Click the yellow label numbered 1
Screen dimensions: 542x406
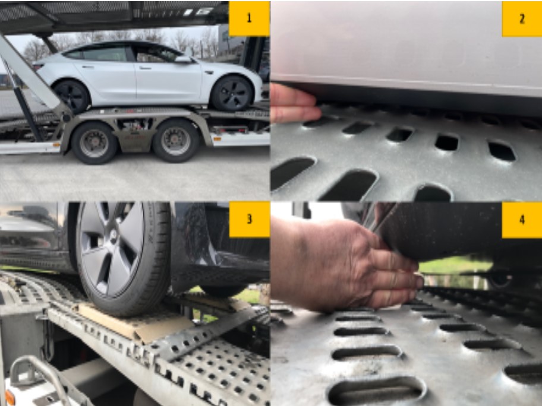pos(249,18)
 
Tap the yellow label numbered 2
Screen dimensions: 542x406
pos(522,18)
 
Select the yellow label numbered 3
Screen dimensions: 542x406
pos(249,220)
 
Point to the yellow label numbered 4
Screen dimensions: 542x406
pos(522,220)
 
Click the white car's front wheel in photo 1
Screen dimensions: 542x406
pos(232,93)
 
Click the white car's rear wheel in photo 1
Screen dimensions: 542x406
pos(73,96)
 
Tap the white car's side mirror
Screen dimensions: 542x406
pos(183,59)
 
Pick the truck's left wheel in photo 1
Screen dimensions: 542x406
pos(94,143)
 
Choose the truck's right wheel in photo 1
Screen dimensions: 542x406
pos(176,141)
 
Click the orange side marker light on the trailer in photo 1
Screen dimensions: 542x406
pos(218,139)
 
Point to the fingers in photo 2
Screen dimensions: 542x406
pos(294,103)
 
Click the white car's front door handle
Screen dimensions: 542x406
pos(146,68)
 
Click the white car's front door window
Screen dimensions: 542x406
pos(156,53)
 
